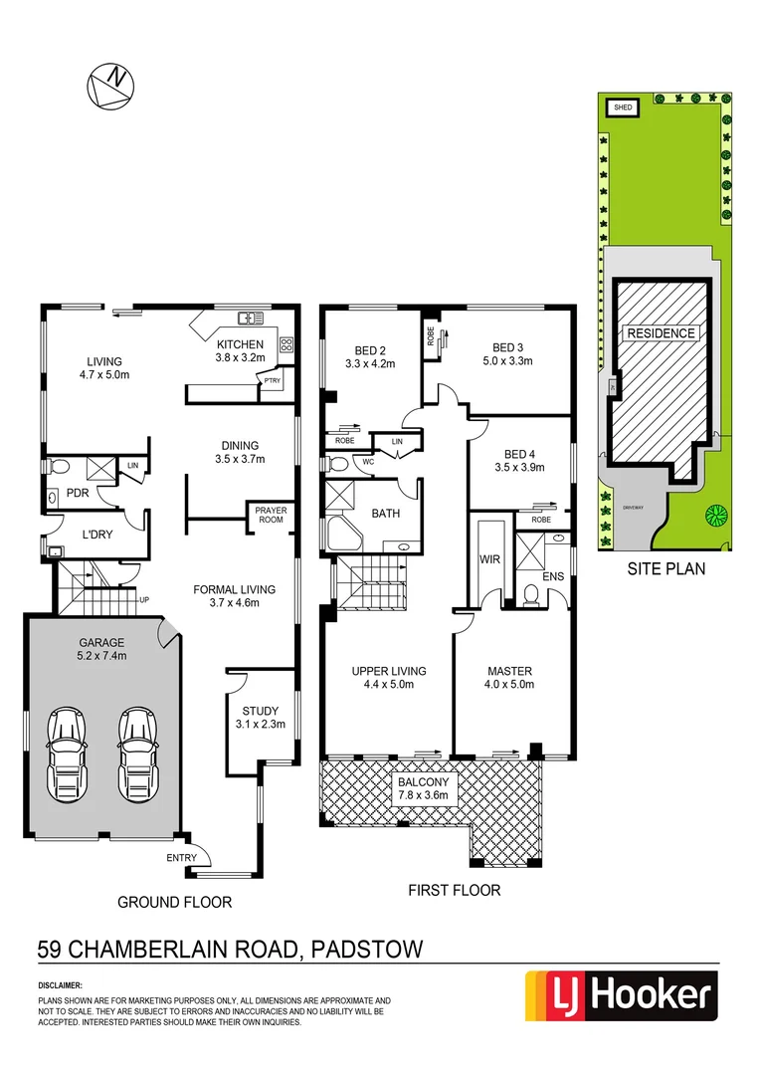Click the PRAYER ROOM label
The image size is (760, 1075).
[x=271, y=515]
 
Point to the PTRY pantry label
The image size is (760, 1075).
[x=271, y=380]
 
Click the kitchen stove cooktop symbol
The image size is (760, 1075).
[x=286, y=345]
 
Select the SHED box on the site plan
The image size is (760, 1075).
[x=623, y=107]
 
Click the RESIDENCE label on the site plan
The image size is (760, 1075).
[x=661, y=332]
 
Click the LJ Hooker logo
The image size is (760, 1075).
[x=621, y=996]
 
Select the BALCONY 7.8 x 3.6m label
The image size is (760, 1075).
[x=424, y=787]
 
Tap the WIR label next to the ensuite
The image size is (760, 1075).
[x=488, y=559]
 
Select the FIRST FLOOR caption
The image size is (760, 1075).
[x=454, y=890]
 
